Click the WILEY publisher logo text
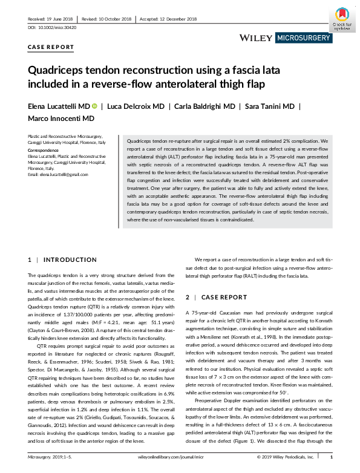(x=257, y=38)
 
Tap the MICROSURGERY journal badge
(x=304, y=38)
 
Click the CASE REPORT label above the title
(x=51, y=47)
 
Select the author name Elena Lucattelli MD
(x=59, y=106)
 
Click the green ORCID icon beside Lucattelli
(x=95, y=106)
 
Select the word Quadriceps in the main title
(x=61, y=70)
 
